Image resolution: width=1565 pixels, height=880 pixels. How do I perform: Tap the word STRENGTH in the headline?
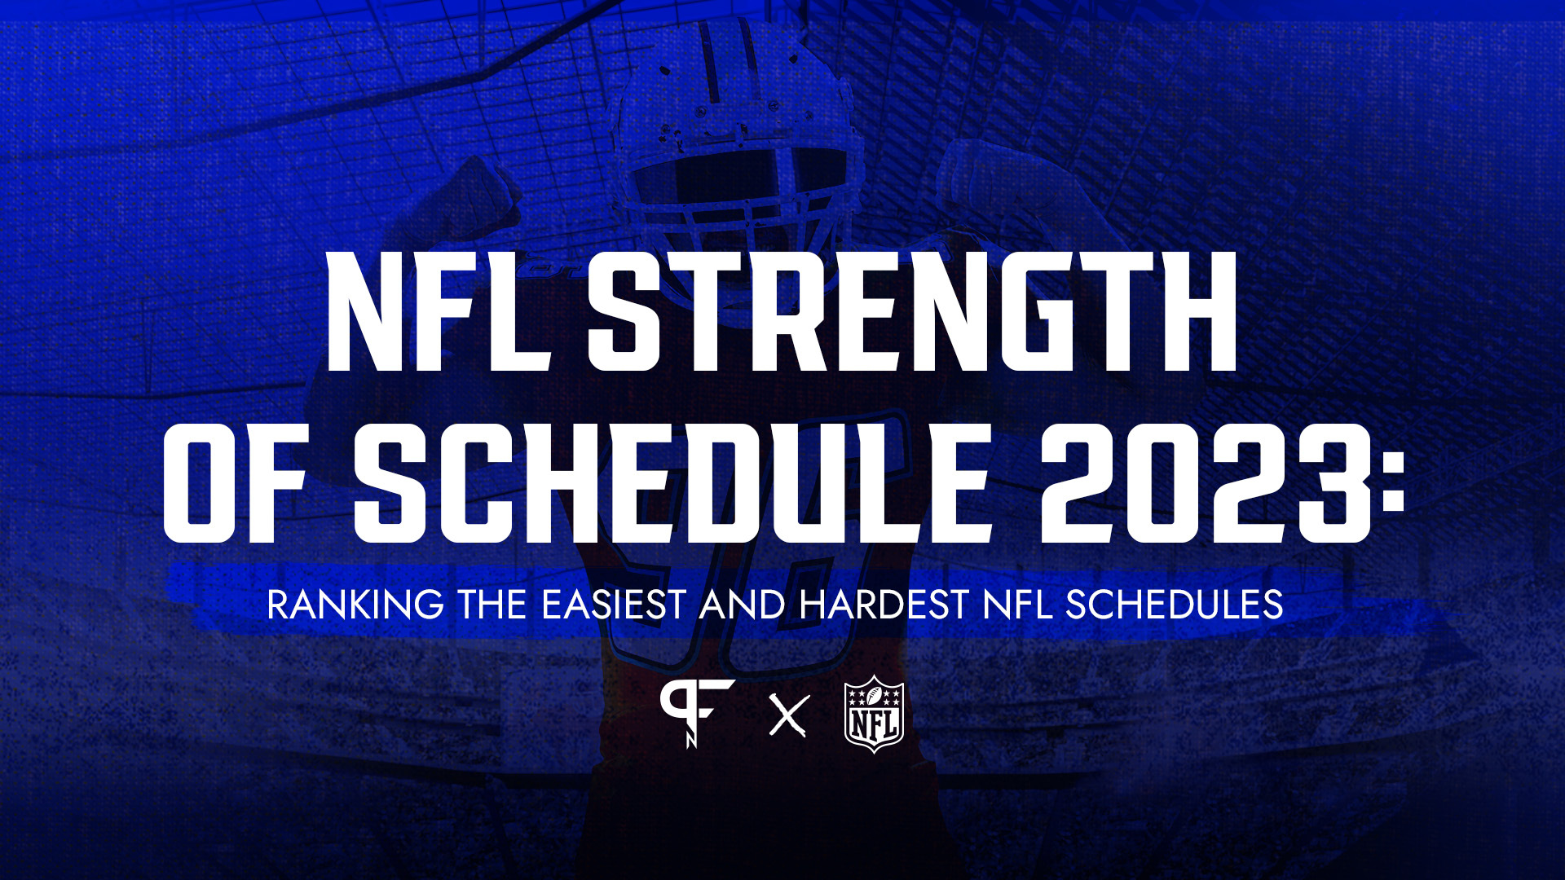click(913, 310)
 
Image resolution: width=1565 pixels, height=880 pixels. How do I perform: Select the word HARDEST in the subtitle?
click(884, 605)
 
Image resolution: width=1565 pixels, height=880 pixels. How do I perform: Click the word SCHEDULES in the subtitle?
click(1175, 605)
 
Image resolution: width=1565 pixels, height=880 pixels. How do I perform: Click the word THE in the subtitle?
click(492, 605)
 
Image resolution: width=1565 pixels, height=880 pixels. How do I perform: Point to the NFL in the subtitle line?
click(1017, 605)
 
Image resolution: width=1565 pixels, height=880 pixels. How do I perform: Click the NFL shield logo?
click(875, 714)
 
